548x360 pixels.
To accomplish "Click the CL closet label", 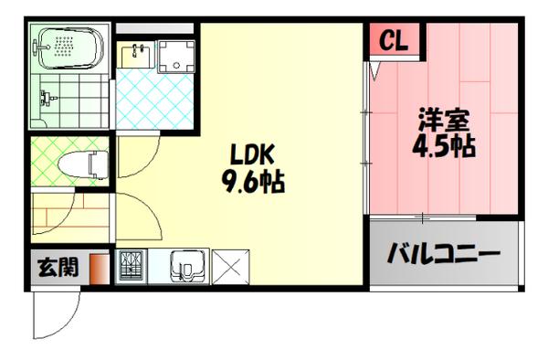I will click(x=394, y=40).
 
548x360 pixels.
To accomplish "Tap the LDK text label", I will click(x=246, y=154).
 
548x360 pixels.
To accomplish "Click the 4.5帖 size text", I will click(x=444, y=146).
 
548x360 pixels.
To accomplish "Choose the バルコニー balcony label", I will click(x=443, y=251).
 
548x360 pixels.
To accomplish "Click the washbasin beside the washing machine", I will click(x=135, y=52).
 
